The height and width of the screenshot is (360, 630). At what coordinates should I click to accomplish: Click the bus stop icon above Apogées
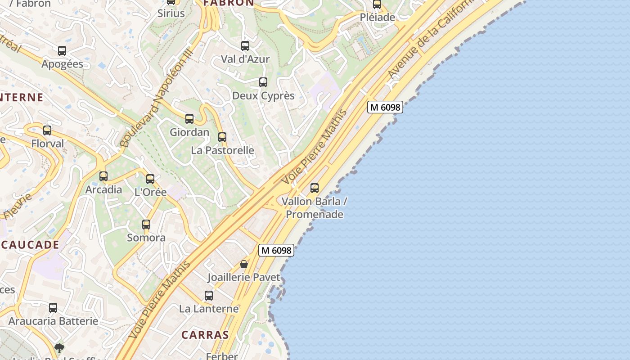pyautogui.click(x=62, y=51)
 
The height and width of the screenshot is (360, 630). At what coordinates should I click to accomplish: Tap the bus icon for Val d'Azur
pyautogui.click(x=245, y=46)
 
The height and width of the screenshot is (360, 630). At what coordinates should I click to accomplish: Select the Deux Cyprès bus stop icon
pyautogui.click(x=263, y=82)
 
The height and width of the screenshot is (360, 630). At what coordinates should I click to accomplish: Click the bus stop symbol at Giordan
pyautogui.click(x=189, y=119)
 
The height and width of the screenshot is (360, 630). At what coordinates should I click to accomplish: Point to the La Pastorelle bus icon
pyautogui.click(x=222, y=137)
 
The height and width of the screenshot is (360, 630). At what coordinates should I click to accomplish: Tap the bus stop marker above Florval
pyautogui.click(x=47, y=130)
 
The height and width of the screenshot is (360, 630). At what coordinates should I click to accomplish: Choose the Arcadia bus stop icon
pyautogui.click(x=103, y=176)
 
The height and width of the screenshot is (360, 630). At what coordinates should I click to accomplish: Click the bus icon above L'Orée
pyautogui.click(x=150, y=179)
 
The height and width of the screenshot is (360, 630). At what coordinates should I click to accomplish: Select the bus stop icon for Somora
pyautogui.click(x=146, y=224)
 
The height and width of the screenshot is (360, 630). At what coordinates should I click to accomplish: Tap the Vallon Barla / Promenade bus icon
pyautogui.click(x=315, y=188)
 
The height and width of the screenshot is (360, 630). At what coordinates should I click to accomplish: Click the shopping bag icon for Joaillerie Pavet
pyautogui.click(x=244, y=264)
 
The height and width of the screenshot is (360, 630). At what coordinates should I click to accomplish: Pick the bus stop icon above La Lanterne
pyautogui.click(x=209, y=296)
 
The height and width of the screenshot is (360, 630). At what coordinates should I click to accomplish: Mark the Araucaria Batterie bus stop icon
pyautogui.click(x=53, y=308)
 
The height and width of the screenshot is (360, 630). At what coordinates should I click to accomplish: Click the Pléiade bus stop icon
pyautogui.click(x=377, y=4)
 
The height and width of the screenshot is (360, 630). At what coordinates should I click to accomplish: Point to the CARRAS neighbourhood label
pyautogui.click(x=205, y=335)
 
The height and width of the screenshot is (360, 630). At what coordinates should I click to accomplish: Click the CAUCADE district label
pyautogui.click(x=30, y=245)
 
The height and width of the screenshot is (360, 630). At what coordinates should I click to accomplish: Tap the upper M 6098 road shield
pyautogui.click(x=385, y=107)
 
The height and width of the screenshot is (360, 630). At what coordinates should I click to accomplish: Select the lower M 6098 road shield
pyautogui.click(x=276, y=250)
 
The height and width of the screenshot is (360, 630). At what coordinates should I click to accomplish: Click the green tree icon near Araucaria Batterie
pyautogui.click(x=59, y=348)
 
